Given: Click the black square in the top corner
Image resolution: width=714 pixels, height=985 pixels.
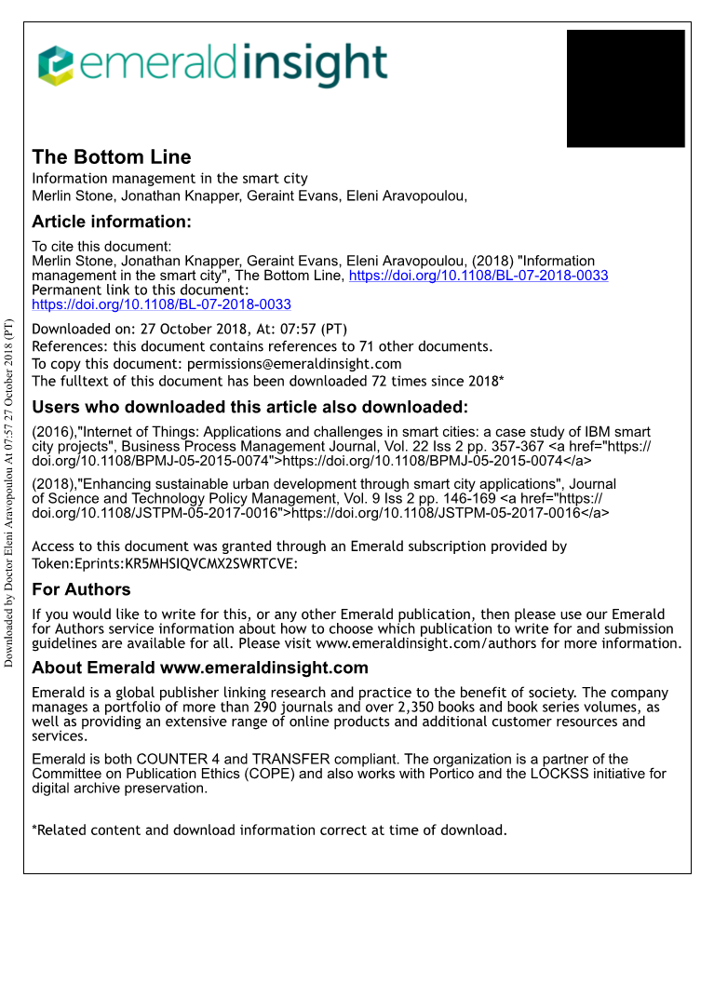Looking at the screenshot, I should tap(626, 88).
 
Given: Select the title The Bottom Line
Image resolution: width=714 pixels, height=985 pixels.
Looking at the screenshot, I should tap(112, 156).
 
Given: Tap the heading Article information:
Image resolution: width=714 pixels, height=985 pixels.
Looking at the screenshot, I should tap(112, 222).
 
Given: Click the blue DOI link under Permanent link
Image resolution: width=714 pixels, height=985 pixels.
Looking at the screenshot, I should tap(161, 304).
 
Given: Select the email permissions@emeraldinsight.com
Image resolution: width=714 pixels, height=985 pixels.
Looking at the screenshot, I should tap(294, 364).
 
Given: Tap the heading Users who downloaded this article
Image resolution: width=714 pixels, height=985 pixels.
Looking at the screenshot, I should tap(249, 407).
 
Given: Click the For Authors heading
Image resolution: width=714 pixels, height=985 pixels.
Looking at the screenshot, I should tap(81, 589).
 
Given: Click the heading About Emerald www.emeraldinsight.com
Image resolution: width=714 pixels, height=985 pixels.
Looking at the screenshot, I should tap(200, 668).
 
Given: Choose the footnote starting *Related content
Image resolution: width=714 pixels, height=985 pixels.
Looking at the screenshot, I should tap(269, 830).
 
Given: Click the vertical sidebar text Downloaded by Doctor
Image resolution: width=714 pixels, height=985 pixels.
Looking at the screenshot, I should tap(9, 493).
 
